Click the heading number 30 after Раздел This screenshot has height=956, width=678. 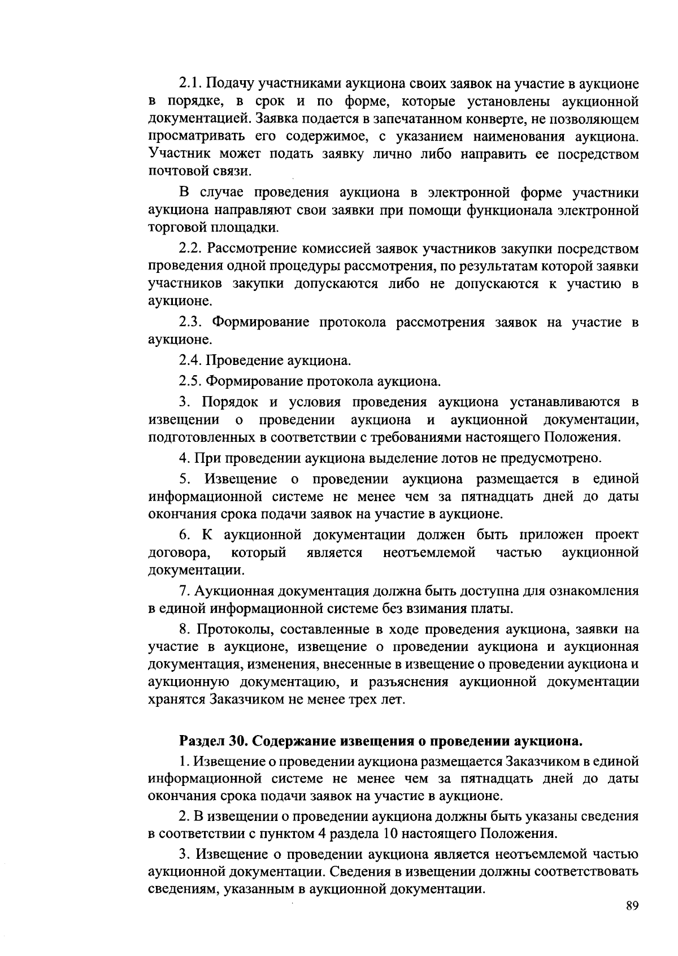[x=237, y=741]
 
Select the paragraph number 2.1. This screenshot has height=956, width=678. [x=190, y=84]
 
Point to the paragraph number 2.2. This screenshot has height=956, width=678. [x=190, y=248]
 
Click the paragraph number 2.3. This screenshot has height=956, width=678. [x=190, y=322]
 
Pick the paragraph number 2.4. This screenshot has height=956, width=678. [x=190, y=360]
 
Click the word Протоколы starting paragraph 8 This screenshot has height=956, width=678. [x=232, y=629]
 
